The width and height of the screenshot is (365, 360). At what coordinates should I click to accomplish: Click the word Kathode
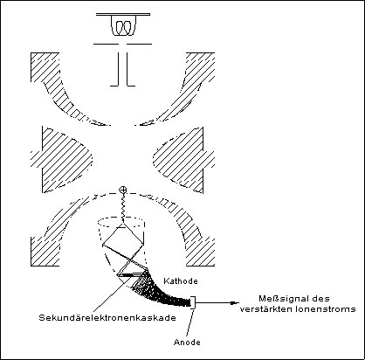click(181, 281)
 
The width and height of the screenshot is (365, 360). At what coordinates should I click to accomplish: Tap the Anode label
click(187, 342)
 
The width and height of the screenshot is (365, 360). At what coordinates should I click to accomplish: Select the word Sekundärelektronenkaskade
click(107, 317)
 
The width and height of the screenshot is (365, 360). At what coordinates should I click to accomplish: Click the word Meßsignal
click(279, 299)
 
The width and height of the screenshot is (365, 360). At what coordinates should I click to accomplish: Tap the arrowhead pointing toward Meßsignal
click(235, 303)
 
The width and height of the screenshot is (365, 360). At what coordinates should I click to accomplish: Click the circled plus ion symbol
click(123, 190)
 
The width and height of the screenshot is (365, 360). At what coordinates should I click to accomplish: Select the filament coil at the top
click(123, 27)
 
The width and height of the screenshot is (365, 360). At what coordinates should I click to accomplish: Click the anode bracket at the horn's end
click(193, 302)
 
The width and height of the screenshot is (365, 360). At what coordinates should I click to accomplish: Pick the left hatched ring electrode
click(61, 160)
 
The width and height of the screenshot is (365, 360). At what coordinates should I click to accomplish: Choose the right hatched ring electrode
click(184, 160)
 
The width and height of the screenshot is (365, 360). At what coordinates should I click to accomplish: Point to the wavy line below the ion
click(123, 208)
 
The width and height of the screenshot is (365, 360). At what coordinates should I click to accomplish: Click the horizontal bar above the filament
click(123, 14)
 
